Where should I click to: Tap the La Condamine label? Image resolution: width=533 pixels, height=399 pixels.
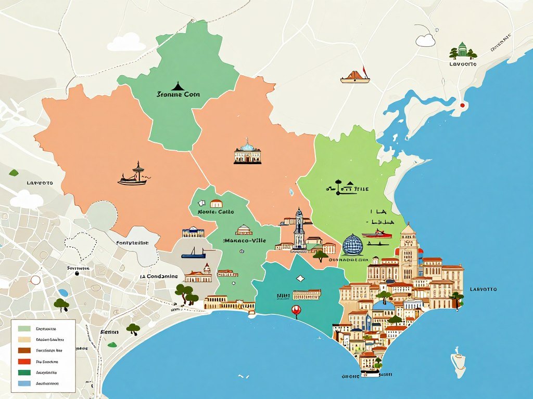[x=159, y=276]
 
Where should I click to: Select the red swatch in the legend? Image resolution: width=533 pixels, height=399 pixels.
[x=24, y=361]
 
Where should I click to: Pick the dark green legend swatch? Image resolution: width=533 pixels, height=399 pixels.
[x=24, y=372]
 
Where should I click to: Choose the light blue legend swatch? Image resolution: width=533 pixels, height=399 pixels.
[x=24, y=383]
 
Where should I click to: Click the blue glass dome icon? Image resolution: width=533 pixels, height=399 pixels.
[x=352, y=244]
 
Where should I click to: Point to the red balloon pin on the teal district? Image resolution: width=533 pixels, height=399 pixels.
[x=296, y=311]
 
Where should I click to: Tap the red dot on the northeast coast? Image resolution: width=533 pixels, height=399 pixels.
[x=462, y=105]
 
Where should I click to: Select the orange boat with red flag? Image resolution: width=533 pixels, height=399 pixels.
[x=355, y=77]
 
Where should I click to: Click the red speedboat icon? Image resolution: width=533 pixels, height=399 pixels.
[x=376, y=234]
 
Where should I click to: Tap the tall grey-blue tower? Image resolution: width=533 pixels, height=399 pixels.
[x=299, y=229]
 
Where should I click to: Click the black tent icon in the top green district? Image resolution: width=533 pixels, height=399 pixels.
[x=177, y=85]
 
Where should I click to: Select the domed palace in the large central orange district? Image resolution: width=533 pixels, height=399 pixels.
[x=247, y=152]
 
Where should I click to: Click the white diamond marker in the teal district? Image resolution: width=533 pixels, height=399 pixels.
[x=300, y=279]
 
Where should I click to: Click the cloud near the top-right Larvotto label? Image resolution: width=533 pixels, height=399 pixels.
[x=425, y=40]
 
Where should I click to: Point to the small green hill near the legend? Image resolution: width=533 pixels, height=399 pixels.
[x=112, y=344]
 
